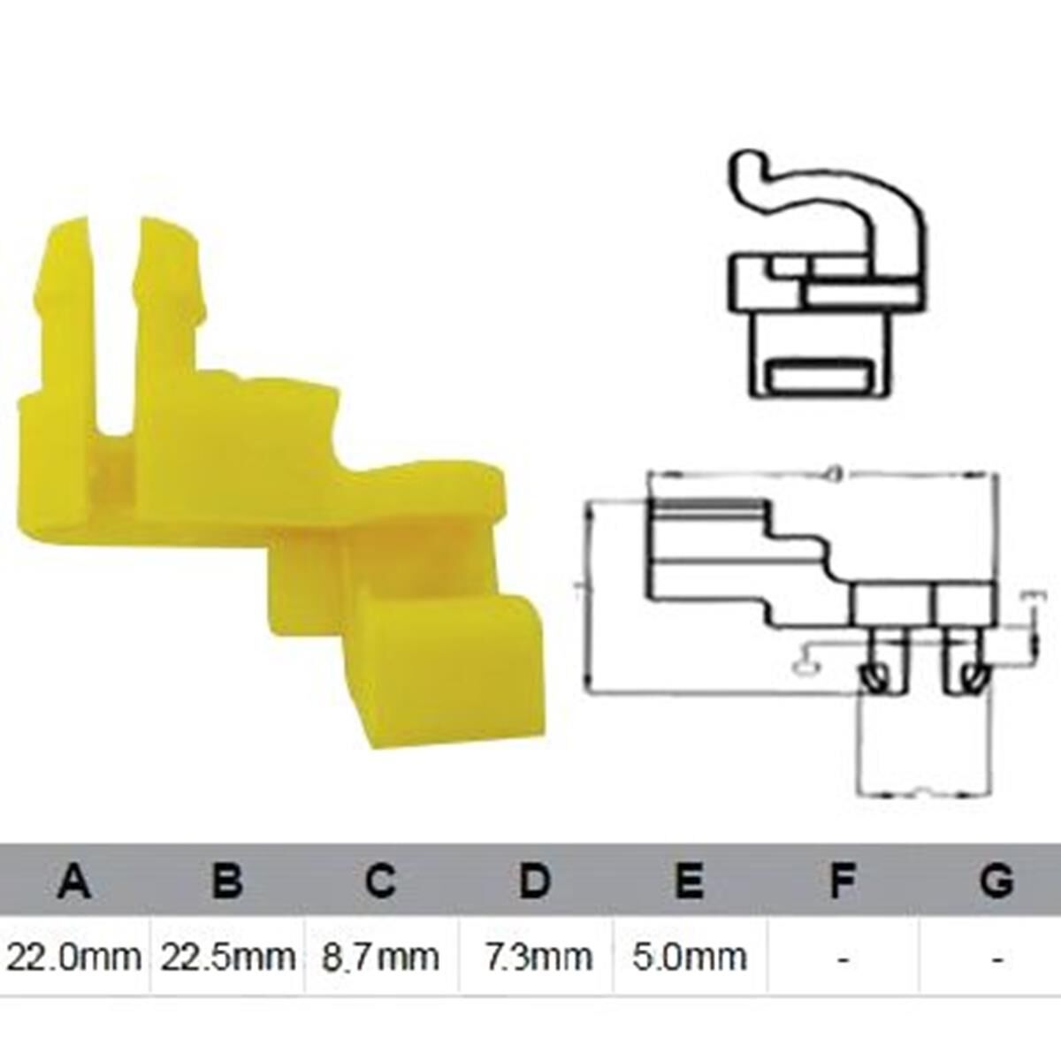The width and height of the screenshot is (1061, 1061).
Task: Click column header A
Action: pos(74,882)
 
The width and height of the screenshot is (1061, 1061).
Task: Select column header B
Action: pos(227,882)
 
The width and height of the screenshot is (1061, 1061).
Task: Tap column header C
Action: pos(380,882)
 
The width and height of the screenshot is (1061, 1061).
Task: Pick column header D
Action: pos(534,882)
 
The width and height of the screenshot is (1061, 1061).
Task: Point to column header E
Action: pos(688,882)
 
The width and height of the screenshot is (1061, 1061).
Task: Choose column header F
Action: pos(843,882)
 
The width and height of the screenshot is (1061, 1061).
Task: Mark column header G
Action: pos(996,882)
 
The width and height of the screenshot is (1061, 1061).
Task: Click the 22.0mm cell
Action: pos(74,957)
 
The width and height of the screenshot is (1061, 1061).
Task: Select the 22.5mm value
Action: pos(227,957)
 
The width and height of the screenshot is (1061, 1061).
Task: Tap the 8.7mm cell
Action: pos(380,957)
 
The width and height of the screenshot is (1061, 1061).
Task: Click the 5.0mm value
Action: pos(688,957)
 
